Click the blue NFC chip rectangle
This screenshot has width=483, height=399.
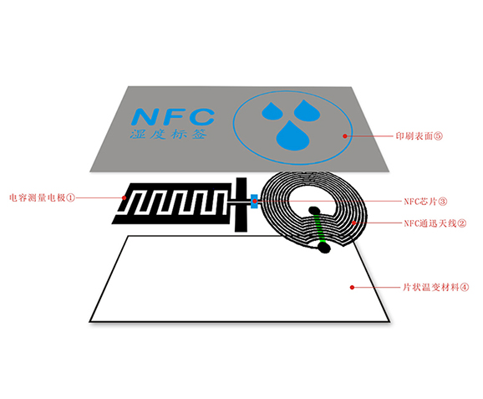(254, 202)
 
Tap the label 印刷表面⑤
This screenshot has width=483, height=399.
(419, 136)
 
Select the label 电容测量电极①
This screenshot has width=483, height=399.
(43, 197)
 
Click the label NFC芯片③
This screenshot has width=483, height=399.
(425, 202)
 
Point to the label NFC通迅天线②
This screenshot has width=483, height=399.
(435, 223)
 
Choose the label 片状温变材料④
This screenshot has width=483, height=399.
(436, 288)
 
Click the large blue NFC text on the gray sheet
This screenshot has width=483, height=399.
(173, 116)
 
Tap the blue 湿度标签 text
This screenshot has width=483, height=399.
(168, 134)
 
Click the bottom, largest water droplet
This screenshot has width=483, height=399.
(292, 136)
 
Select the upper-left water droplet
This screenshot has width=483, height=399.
(272, 110)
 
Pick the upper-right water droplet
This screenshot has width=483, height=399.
(307, 110)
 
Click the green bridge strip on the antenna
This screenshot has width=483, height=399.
(319, 228)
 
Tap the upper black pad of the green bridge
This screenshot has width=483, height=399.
(314, 211)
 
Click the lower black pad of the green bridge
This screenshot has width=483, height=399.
(323, 248)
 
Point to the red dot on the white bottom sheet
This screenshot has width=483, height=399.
(352, 288)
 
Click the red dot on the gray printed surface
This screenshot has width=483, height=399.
(345, 136)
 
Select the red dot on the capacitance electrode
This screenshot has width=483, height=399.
(125, 197)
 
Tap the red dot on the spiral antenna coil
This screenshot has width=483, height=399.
(354, 223)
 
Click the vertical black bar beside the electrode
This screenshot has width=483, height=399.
(241, 204)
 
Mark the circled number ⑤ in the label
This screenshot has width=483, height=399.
(439, 136)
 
